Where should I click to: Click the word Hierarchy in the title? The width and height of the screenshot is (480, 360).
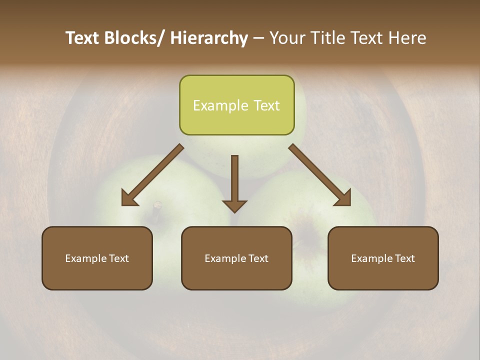208,38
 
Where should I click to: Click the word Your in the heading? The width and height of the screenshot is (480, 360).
286,38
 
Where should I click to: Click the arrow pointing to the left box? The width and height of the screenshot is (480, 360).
152,175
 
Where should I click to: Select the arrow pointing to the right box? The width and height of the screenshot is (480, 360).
320,175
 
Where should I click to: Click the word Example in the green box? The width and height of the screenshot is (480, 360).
213,105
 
